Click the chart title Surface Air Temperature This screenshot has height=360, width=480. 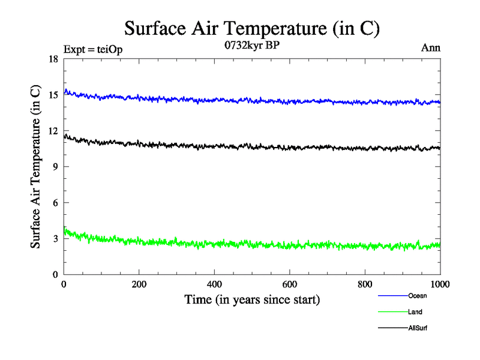point(252,28)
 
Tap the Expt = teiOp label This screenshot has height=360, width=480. point(93,50)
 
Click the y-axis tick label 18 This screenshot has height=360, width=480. point(53,59)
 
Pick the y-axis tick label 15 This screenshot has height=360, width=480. point(53,95)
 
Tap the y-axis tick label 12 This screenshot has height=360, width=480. point(53,131)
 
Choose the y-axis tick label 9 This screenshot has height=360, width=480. point(55,167)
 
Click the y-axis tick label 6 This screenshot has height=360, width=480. point(55,203)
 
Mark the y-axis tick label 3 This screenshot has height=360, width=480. point(55,239)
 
